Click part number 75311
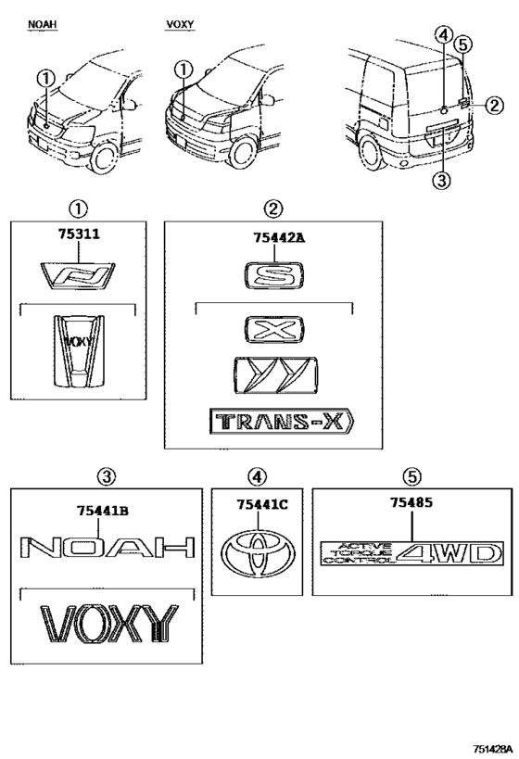79,234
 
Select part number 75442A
279,237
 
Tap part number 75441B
103,511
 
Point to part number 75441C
262,504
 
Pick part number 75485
411,502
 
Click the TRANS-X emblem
282,422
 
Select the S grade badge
274,276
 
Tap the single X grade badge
274,330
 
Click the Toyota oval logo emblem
258,555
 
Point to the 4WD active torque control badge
412,553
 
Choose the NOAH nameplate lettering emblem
107,547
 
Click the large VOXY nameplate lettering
109,624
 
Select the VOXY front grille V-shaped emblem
79,351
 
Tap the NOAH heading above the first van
42,24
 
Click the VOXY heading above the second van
180,24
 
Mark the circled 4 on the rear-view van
444,35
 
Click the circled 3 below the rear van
441,181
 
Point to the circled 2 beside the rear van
494,105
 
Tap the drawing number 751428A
492,749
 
